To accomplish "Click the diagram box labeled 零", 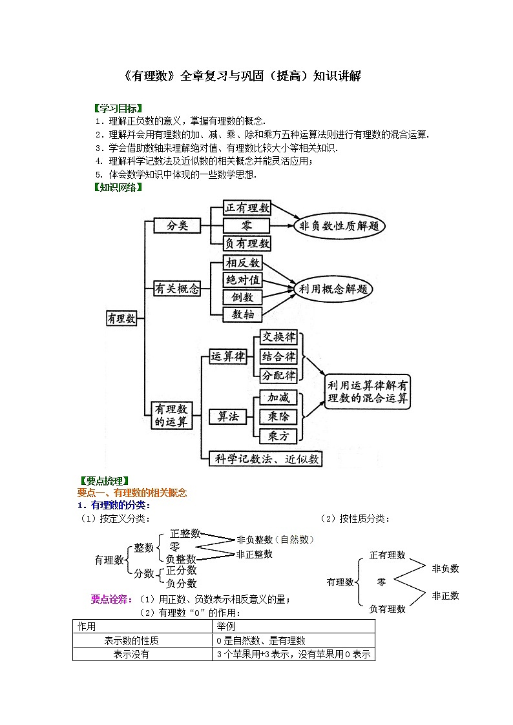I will pyautogui.click(x=247, y=225).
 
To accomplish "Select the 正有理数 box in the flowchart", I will pyautogui.click(x=247, y=208).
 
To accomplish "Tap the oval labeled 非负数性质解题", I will pyautogui.click(x=339, y=226).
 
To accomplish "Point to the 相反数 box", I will pyautogui.click(x=242, y=263).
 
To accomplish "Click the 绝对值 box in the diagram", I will pyautogui.click(x=242, y=280).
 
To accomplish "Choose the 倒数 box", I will pyautogui.click(x=242, y=297).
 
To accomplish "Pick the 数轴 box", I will pyautogui.click(x=242, y=314).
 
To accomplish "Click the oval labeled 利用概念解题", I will pyautogui.click(x=334, y=289).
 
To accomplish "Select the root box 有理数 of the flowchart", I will pyautogui.click(x=121, y=318).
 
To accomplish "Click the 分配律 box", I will pyautogui.click(x=278, y=375).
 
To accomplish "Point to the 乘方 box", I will pyautogui.click(x=278, y=436).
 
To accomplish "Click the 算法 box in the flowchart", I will pyautogui.click(x=224, y=416).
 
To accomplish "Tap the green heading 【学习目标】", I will pyautogui.click(x=118, y=108).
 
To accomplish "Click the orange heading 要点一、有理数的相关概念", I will pyautogui.click(x=132, y=493).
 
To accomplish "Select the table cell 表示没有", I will pyautogui.click(x=131, y=654).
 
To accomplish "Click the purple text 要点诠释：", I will pyautogui.click(x=112, y=599).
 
